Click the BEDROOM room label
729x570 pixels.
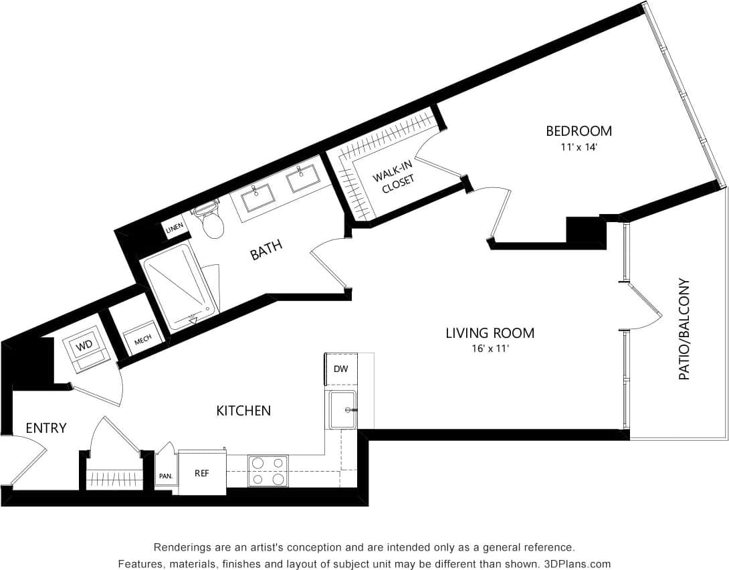579,130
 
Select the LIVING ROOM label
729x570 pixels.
490,332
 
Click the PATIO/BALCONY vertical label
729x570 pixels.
684,329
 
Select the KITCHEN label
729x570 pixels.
243,411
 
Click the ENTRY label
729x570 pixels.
46,427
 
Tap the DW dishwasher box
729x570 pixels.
341,369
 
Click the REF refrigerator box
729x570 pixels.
202,473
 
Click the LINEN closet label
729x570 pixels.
175,229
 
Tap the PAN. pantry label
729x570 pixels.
165,476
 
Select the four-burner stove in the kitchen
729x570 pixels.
268,471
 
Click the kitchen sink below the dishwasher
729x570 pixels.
342,410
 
